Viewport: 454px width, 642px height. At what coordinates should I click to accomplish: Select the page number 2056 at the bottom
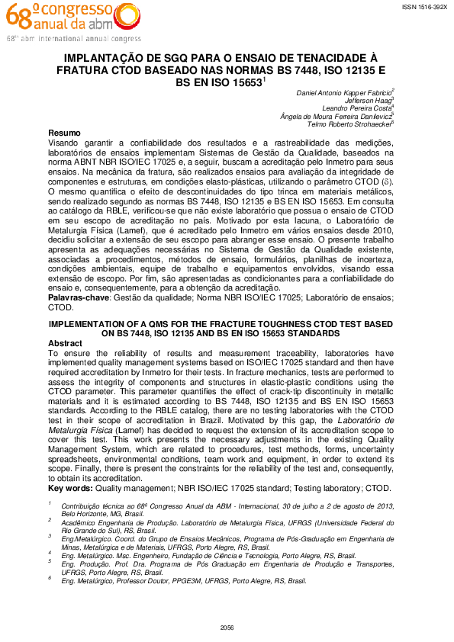(x=227, y=627)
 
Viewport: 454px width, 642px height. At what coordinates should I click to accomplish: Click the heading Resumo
(x=64, y=133)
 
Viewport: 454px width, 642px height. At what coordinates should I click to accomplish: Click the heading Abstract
(x=65, y=343)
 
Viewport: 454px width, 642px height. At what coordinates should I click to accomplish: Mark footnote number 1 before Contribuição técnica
(x=50, y=504)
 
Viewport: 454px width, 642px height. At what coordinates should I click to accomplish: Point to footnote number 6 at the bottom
(x=50, y=579)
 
